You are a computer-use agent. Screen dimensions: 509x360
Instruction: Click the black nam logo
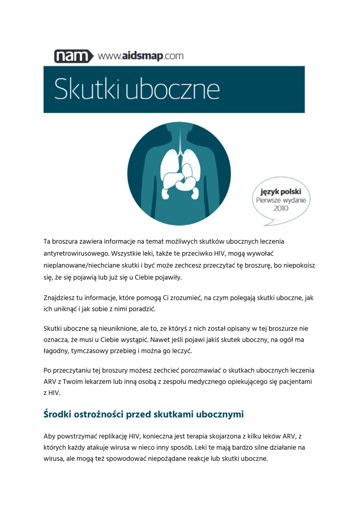74,57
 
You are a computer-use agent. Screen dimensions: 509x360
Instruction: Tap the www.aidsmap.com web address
141,56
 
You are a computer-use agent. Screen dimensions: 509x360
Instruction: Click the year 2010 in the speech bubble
281,208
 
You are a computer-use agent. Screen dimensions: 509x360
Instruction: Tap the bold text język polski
281,192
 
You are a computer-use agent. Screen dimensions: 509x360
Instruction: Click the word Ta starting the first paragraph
47,241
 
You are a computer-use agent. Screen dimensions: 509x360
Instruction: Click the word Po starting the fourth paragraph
48,371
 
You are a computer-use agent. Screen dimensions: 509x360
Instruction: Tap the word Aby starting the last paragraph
50,436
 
